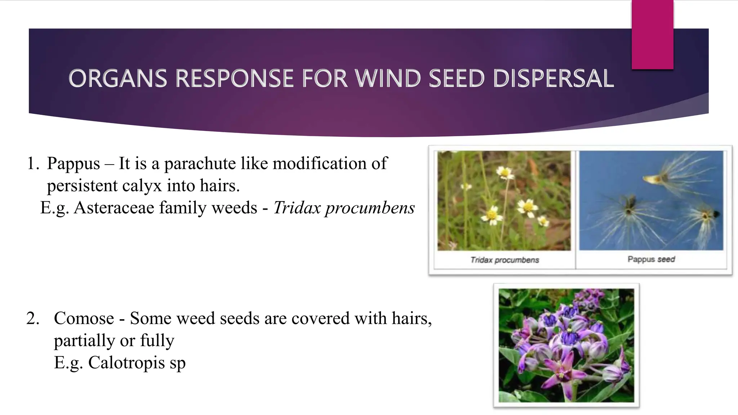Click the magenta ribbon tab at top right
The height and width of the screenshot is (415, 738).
tap(652, 34)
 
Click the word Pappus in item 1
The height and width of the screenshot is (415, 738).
tap(73, 164)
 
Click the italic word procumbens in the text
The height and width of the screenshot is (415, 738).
tap(370, 208)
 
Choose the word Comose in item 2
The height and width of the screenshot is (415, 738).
tap(84, 318)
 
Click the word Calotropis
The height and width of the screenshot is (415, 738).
tap(126, 362)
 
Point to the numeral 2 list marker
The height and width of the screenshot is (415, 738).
tap(32, 318)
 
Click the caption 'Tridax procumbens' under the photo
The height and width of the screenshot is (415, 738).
tap(504, 260)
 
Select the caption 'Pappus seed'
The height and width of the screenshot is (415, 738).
tap(651, 259)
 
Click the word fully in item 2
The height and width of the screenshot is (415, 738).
tap(157, 340)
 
